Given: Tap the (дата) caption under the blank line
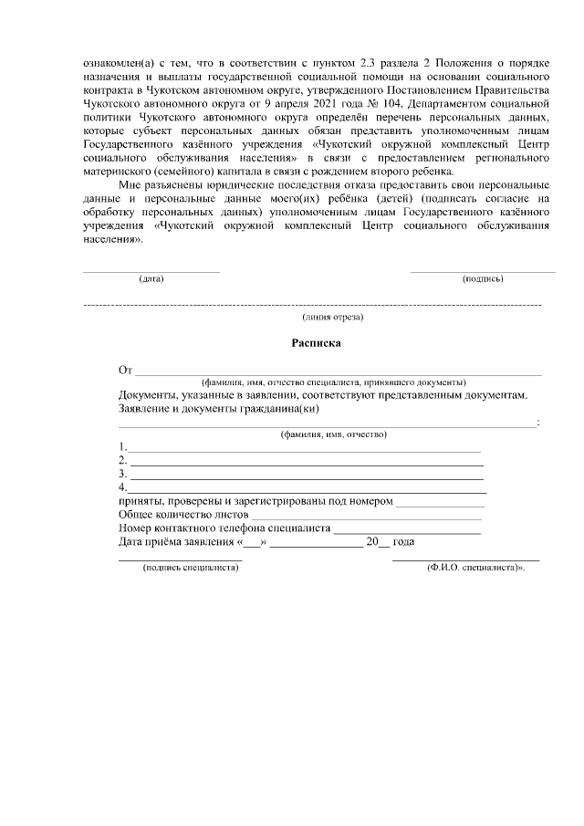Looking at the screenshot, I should (151, 277).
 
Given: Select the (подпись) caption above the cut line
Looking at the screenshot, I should (483, 277).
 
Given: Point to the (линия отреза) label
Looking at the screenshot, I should (333, 317).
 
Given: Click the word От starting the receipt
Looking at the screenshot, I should (126, 370).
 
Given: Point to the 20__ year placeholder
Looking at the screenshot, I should (377, 542).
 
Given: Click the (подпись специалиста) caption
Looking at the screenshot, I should (186, 567).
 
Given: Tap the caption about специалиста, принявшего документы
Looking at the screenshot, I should (334, 382).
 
